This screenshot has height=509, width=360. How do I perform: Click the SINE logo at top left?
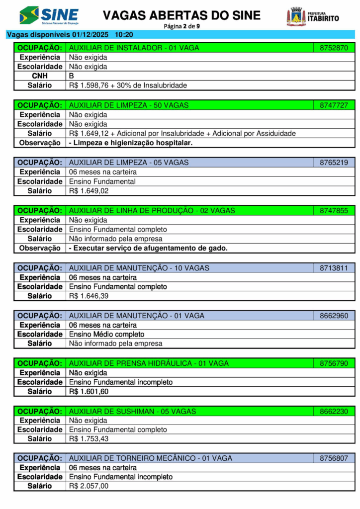(48, 15)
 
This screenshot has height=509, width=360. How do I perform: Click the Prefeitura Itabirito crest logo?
(296, 16)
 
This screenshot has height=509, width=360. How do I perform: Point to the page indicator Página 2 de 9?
(180, 26)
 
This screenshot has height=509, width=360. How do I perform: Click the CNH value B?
(72, 76)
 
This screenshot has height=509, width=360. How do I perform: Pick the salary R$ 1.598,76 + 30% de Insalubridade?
(128, 85)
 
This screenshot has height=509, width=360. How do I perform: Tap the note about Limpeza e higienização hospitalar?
(131, 143)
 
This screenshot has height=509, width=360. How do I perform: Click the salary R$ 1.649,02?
(89, 191)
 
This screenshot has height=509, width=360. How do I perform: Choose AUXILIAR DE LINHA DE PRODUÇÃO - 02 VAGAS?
(152, 211)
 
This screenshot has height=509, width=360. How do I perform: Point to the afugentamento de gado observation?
(148, 248)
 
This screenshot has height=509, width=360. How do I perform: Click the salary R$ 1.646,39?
(89, 296)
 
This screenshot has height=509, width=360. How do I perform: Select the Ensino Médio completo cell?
(106, 334)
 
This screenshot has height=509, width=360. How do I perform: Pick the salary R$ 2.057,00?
(89, 486)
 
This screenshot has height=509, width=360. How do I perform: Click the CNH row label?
(40, 76)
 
